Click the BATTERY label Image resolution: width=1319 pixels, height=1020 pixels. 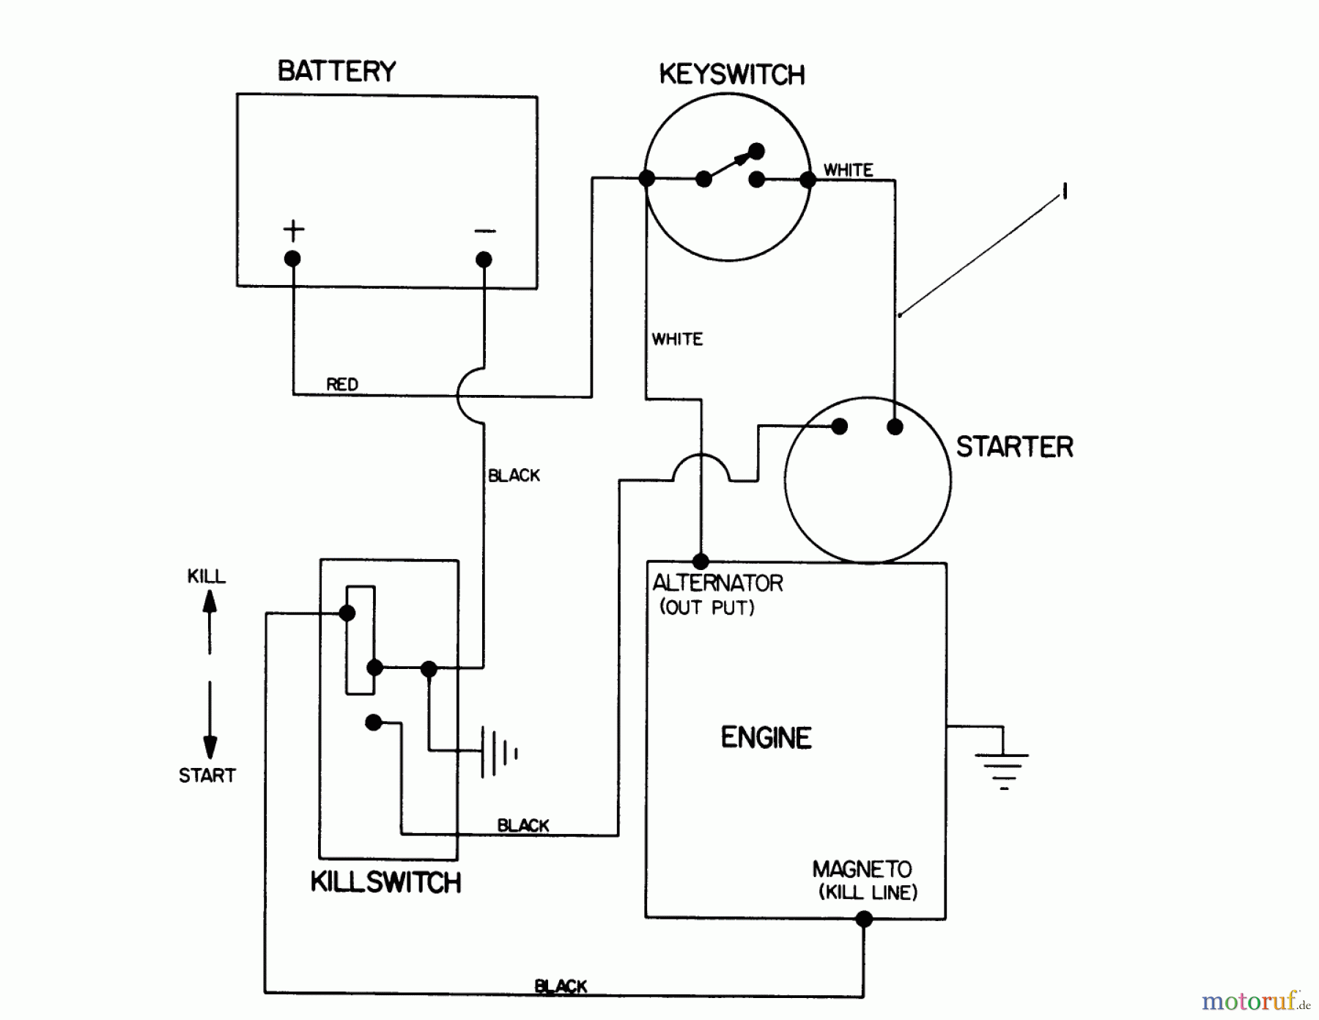(x=336, y=72)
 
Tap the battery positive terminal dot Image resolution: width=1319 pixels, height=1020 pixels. (x=292, y=259)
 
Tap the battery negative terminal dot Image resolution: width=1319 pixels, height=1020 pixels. (x=484, y=259)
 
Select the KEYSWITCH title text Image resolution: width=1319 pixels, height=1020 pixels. (x=731, y=75)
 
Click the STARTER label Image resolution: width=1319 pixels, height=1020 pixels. (x=1014, y=447)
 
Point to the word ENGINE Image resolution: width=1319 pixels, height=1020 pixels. (x=766, y=738)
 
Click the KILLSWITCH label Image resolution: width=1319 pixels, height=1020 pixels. (x=385, y=882)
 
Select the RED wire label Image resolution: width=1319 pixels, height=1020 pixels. (x=342, y=385)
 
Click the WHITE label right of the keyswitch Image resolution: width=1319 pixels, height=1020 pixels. (x=848, y=170)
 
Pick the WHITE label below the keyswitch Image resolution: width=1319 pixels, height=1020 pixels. (x=677, y=339)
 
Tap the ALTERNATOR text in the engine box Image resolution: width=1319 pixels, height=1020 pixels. (x=717, y=583)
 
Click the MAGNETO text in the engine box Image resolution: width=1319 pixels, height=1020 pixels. (x=862, y=870)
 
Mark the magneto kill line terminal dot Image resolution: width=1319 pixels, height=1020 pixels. (x=864, y=919)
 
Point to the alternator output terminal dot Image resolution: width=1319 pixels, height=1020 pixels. (x=701, y=562)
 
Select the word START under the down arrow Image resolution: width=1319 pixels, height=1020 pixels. (x=207, y=775)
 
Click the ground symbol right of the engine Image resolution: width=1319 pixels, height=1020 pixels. (x=1003, y=766)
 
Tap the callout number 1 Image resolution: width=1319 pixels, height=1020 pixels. (x=1064, y=192)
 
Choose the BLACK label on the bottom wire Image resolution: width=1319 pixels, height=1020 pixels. (x=561, y=986)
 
